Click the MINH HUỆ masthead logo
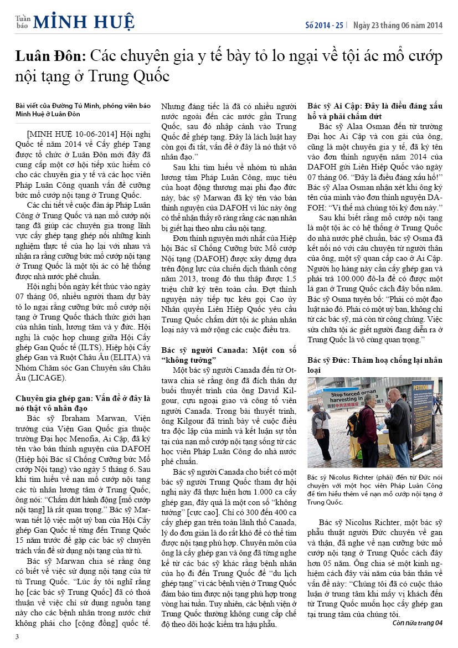click(83, 22)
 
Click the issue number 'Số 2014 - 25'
click(325, 25)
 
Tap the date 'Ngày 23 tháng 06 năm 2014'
click(398, 25)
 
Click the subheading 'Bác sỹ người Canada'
click(198, 351)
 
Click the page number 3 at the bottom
click(17, 636)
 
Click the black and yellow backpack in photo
click(354, 424)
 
